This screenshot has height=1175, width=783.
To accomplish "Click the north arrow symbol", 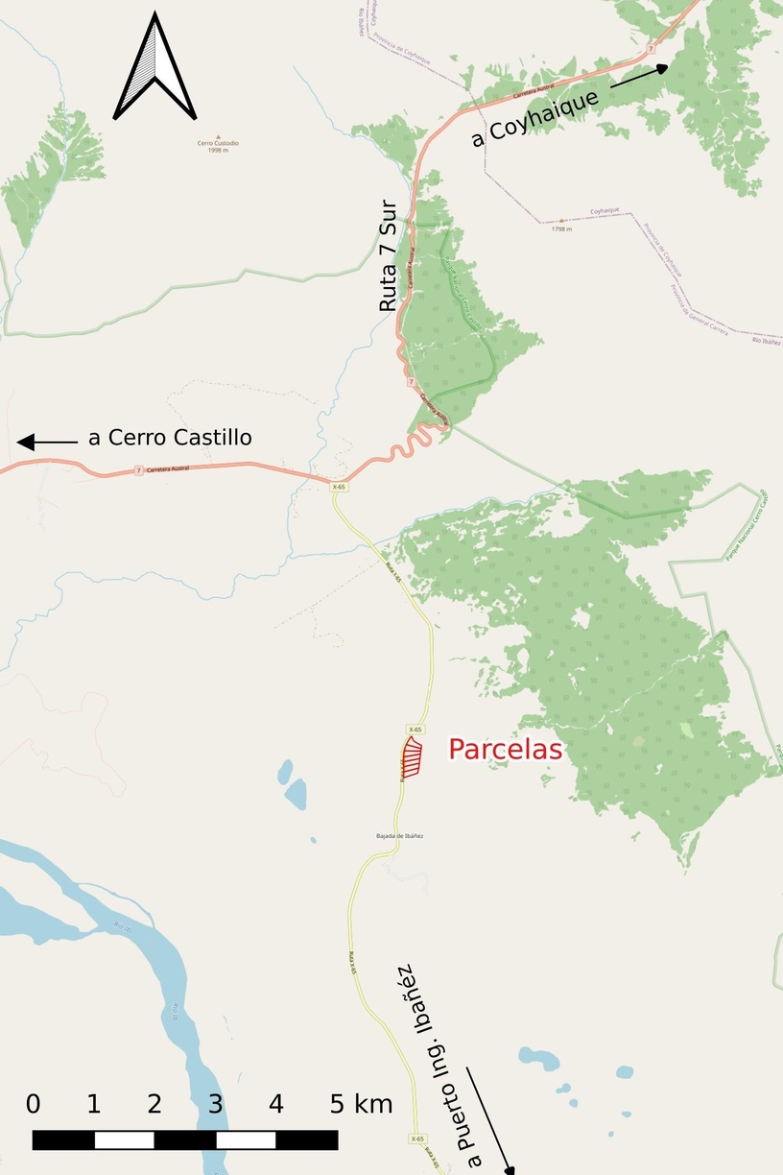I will point(154,67).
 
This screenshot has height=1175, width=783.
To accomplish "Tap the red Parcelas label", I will point(505,750).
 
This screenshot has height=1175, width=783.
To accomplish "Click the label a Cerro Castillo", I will point(170,438).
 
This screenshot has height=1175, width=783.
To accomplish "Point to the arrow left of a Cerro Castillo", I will point(47,442).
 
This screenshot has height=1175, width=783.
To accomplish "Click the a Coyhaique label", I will point(535,117).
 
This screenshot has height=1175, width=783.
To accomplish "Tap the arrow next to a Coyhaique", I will point(638,76).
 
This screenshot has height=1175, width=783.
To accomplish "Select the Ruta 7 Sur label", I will point(388,255).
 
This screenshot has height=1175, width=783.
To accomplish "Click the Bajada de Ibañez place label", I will point(400,836).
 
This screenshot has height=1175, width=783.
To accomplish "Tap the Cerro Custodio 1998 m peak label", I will point(218,145).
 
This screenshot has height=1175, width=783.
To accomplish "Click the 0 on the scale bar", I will point(34,1104).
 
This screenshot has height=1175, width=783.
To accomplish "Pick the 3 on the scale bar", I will point(215,1104).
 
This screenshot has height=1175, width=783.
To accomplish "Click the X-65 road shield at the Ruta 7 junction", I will point(338,487).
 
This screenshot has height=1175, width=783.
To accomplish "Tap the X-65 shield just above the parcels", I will point(415,730).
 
